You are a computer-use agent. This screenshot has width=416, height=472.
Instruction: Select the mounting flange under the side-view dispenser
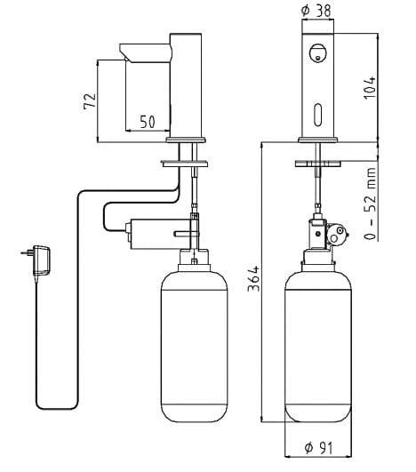coord(185,163)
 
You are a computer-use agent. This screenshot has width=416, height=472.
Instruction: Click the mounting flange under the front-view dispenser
coord(317,163)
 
